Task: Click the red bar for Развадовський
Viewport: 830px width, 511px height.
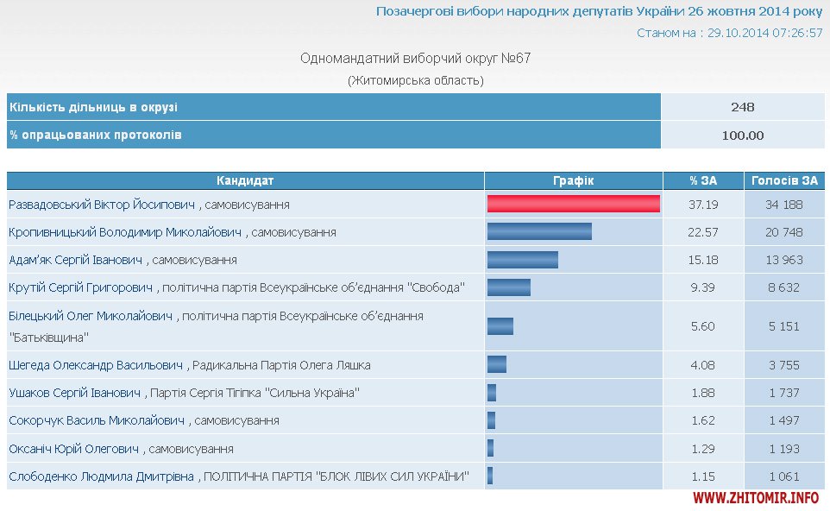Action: (573, 204)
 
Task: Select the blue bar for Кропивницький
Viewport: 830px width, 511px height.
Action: (539, 231)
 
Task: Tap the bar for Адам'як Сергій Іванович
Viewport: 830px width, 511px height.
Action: (522, 259)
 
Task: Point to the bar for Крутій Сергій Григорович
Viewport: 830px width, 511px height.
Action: (508, 287)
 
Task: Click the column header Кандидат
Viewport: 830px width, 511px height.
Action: (245, 180)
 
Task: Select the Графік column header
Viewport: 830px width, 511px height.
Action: (573, 180)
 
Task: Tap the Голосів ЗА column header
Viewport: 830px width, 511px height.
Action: (783, 180)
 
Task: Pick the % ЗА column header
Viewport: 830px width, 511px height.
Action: (702, 180)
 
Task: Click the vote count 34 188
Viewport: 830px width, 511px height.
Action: (783, 205)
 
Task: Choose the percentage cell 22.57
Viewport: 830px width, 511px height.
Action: (702, 232)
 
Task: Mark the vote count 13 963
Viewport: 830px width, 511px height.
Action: (783, 260)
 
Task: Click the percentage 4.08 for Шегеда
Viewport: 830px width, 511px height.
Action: (702, 365)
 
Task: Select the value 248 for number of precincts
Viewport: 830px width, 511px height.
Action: (742, 107)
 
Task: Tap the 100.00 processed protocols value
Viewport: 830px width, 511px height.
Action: (742, 135)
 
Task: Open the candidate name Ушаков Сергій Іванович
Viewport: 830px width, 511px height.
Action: (74, 393)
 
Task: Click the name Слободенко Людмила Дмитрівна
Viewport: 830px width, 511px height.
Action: (101, 476)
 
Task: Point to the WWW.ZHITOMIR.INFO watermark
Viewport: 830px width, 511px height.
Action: (756, 498)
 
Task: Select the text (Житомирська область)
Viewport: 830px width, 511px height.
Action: (415, 80)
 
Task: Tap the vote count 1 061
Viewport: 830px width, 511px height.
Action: (783, 476)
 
